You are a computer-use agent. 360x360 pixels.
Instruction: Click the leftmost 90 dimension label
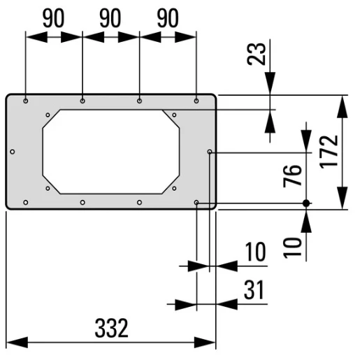(53, 19)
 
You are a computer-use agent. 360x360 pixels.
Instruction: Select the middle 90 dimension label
(110, 19)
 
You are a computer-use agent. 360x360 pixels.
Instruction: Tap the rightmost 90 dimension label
(167, 19)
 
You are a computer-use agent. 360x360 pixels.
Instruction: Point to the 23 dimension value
(258, 55)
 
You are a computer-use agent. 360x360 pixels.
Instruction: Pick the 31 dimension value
(253, 289)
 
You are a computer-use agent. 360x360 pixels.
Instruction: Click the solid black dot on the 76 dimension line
(305, 203)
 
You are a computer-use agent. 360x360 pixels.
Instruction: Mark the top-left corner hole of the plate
(26, 101)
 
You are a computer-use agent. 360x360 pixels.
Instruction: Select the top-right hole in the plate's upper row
(196, 101)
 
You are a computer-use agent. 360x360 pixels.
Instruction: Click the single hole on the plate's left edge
(13, 152)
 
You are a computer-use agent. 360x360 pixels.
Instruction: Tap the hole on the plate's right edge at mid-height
(210, 152)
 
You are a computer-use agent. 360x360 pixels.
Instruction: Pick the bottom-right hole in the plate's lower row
(196, 203)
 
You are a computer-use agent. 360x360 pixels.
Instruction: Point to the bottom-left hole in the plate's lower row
(26, 203)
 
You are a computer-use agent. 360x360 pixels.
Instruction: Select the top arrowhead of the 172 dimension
(342, 105)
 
